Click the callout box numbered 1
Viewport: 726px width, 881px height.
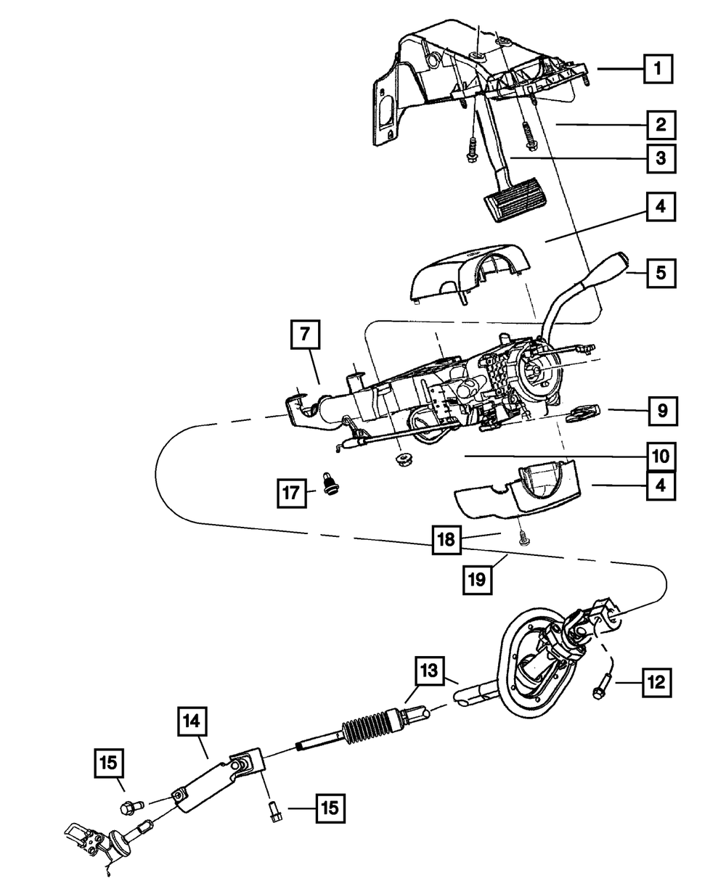(x=657, y=70)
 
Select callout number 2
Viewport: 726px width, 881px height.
(x=660, y=125)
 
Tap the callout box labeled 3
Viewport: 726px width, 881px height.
(x=660, y=158)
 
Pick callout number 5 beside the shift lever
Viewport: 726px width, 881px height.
(x=660, y=274)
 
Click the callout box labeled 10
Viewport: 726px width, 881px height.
(x=661, y=456)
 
